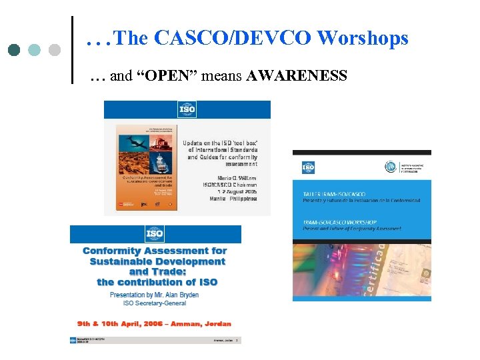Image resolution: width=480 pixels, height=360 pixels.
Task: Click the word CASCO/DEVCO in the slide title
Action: [x=233, y=39]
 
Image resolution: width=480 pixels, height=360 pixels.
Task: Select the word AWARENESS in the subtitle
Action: [x=297, y=76]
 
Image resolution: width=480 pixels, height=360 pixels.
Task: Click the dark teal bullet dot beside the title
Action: [x=15, y=50]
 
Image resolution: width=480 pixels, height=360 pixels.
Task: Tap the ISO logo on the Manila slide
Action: [x=187, y=109]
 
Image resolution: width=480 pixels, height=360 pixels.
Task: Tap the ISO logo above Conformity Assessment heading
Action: [x=155, y=234]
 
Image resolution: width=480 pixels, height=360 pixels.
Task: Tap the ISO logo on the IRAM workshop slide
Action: [x=308, y=167]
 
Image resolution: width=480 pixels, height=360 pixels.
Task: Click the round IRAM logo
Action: [x=390, y=167]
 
